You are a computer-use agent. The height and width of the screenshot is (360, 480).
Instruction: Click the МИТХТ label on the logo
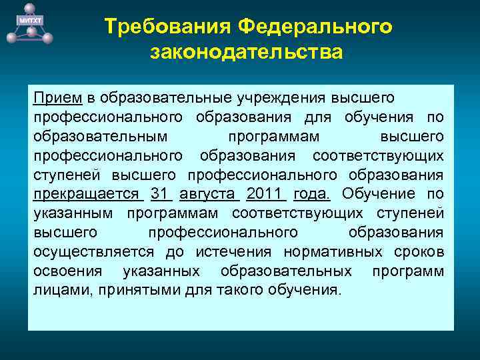coord(28,22)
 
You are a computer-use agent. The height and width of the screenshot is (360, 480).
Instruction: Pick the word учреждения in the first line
coord(277,98)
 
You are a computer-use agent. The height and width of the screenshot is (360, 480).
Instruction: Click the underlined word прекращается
coord(87,194)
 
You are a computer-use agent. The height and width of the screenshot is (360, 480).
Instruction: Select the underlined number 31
coord(160,194)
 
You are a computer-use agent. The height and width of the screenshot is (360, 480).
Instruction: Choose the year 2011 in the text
coord(265,194)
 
